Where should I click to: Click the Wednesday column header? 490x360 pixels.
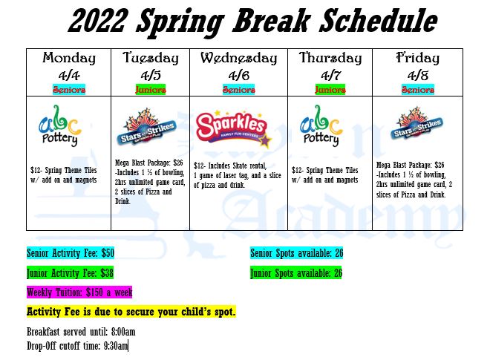click(238, 58)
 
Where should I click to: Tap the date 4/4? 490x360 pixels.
click(69, 74)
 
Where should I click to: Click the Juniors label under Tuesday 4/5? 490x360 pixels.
click(151, 89)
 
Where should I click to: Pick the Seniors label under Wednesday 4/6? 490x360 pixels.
click(238, 89)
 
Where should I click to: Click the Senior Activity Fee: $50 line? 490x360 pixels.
click(71, 253)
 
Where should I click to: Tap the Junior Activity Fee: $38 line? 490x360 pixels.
click(70, 272)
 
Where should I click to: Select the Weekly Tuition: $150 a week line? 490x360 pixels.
click(79, 292)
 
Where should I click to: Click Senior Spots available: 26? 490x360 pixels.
click(296, 253)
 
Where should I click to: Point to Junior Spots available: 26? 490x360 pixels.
click(296, 272)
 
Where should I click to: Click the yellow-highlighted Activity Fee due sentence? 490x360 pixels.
click(131, 311)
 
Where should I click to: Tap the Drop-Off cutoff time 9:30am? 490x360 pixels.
click(77, 346)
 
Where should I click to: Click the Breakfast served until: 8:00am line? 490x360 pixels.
click(81, 332)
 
